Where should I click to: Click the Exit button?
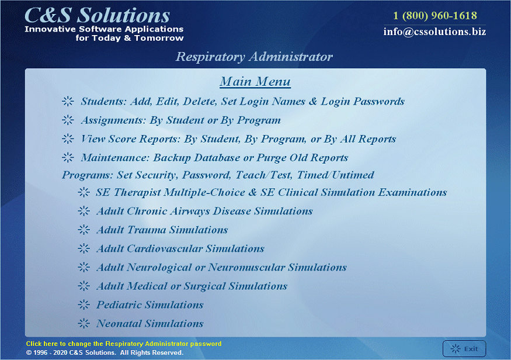464,348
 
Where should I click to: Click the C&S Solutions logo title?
97,15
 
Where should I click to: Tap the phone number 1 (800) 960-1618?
434,15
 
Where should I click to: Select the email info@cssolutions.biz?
434,32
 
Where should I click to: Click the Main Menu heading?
255,81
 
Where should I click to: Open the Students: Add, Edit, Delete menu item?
242,102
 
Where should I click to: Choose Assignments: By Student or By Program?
180,120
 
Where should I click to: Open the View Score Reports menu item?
238,139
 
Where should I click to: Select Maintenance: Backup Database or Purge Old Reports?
214,158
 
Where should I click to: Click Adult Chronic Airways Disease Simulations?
204,212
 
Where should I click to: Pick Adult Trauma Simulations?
162,230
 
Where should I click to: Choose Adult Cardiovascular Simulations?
180,249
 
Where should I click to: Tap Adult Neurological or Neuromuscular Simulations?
221,268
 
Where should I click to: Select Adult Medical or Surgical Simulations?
192,286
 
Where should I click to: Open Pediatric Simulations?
150,305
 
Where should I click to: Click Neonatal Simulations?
150,324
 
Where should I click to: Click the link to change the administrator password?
123,344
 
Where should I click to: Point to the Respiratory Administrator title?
254,57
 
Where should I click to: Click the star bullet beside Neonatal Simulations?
84,324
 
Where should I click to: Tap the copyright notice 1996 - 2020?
105,352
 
